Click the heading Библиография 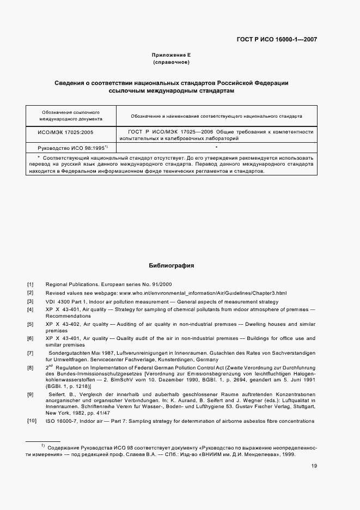[x=172, y=266]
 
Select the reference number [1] [x=30, y=284]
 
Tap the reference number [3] [x=30, y=302]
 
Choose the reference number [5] [x=30, y=325]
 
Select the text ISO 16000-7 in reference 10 [x=62, y=422]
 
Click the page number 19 [x=314, y=466]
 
